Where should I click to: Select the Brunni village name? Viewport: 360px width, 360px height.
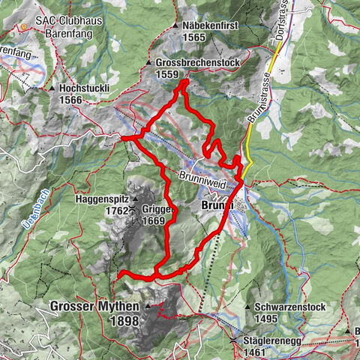pyautogui.click(x=218, y=205)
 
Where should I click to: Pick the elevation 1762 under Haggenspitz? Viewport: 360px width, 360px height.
pyautogui.click(x=115, y=211)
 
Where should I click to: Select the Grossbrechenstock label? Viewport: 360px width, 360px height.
pyautogui.click(x=199, y=63)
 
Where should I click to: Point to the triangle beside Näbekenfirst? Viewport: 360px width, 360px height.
pyautogui.click(x=173, y=25)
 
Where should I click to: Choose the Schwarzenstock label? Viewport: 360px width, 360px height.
pyautogui.click(x=293, y=307)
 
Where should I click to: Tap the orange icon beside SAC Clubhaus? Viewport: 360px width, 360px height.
pyautogui.click(x=25, y=25)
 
